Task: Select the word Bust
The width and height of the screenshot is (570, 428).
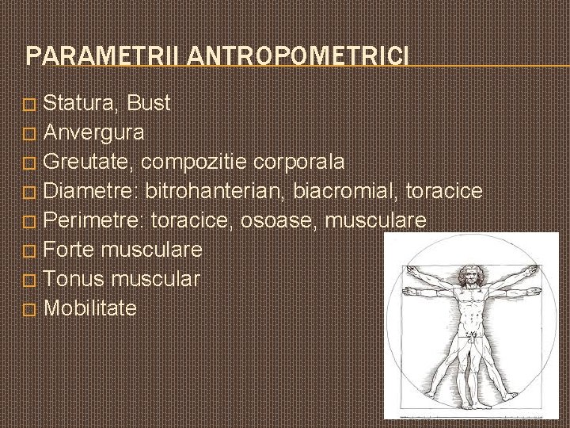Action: click(148, 103)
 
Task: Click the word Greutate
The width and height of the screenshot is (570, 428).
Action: click(89, 162)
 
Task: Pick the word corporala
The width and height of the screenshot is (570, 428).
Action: click(298, 162)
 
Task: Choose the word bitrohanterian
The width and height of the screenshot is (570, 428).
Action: click(215, 192)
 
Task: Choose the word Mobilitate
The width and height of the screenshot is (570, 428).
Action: click(90, 308)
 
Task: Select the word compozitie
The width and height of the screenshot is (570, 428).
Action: click(196, 163)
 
